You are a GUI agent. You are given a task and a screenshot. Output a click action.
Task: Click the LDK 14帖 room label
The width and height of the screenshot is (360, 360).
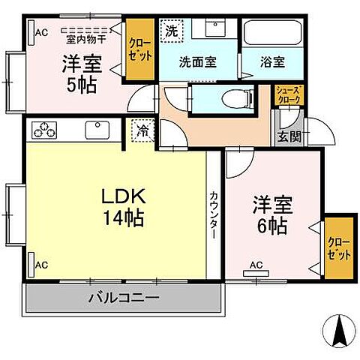[x=123, y=208]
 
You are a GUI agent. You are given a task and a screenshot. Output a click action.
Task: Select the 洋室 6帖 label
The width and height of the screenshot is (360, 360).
[x=272, y=215]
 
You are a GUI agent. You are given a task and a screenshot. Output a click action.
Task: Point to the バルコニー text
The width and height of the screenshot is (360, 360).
[x=124, y=298]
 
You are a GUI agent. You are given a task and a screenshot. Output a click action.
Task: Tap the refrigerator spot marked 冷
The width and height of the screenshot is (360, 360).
[x=143, y=130]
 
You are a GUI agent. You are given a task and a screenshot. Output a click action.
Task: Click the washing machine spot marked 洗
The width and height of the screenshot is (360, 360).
[x=171, y=31]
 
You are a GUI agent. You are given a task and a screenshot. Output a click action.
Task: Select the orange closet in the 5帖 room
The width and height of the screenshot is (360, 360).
[x=139, y=49]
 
